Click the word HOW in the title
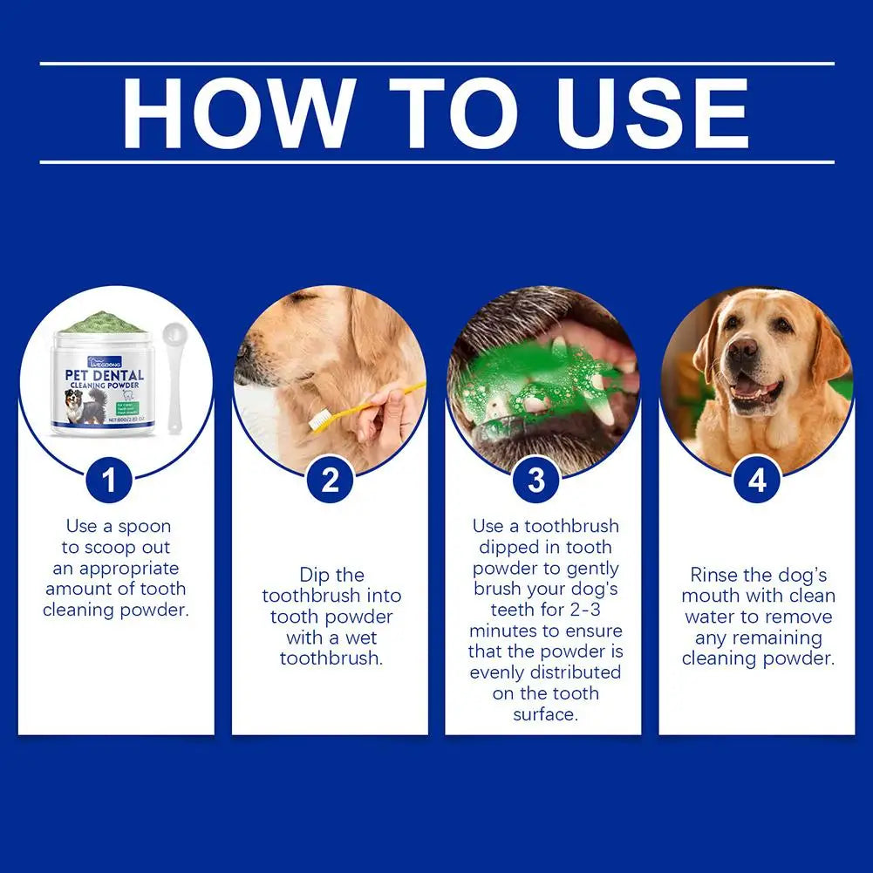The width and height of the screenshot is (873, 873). (237, 113)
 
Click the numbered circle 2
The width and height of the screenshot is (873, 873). (330, 481)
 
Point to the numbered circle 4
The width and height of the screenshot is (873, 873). (757, 481)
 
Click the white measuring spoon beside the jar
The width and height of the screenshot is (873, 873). (172, 366)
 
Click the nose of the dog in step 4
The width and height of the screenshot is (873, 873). (743, 351)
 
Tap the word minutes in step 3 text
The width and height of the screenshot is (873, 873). (502, 631)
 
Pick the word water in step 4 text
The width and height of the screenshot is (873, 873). (709, 617)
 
